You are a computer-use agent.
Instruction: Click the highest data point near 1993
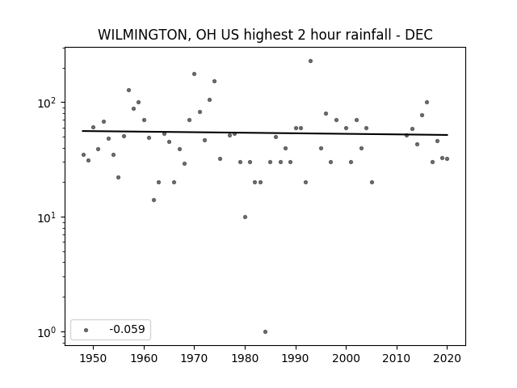click(x=310, y=61)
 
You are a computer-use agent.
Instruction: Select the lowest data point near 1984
click(x=266, y=332)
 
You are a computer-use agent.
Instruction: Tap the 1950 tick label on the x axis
click(x=94, y=358)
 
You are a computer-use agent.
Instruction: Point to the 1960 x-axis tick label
click(x=144, y=358)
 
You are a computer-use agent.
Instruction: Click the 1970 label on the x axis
click(x=195, y=358)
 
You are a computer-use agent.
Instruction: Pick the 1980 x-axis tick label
click(x=245, y=358)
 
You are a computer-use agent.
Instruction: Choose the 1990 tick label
click(x=296, y=358)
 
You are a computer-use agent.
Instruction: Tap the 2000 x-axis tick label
click(x=347, y=358)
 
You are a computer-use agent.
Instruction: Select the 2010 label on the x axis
click(x=397, y=358)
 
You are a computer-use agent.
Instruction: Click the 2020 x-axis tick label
click(x=447, y=358)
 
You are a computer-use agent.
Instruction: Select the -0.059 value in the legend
click(x=127, y=329)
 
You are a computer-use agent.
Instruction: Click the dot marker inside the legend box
click(x=86, y=330)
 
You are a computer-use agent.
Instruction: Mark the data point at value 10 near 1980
click(x=245, y=217)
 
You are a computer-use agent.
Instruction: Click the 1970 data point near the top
click(x=194, y=74)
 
